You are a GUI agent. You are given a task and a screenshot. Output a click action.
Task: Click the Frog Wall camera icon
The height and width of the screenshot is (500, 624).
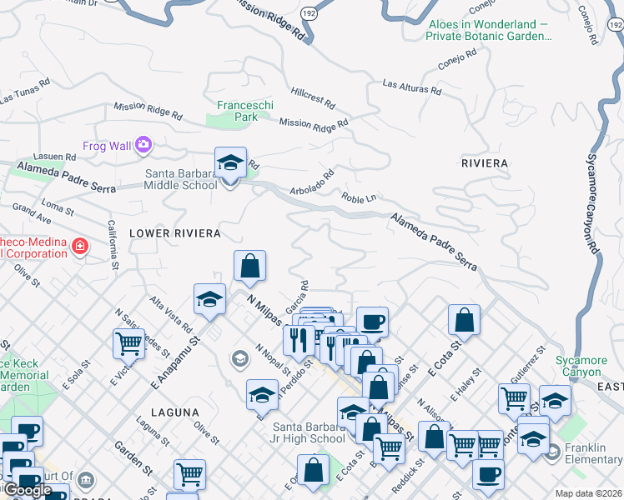pos(143,146)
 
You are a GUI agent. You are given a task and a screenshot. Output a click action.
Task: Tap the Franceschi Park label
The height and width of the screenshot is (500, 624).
pos(237,111)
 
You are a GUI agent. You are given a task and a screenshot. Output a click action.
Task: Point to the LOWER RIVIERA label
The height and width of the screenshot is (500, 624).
pos(174,232)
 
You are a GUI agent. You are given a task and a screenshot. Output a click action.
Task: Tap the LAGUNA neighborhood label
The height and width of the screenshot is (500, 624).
pos(175,412)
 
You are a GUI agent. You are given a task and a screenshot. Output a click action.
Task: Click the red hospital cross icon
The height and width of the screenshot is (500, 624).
pos(79,247)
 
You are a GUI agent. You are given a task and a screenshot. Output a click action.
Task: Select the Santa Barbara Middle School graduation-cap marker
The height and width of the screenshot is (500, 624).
pos(230,163)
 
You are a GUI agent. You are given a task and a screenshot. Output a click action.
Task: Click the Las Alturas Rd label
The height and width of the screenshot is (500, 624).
pos(412,86)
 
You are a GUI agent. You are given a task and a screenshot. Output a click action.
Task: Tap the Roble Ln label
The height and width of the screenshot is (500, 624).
pos(360,198)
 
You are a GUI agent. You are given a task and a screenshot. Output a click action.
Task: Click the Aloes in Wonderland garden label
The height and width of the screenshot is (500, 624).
pos(489,31)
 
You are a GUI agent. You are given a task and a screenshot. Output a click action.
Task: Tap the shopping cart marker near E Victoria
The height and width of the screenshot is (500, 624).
pos(128,342)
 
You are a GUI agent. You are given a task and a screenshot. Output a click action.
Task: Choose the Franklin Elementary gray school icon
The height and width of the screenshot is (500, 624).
pos(551,452)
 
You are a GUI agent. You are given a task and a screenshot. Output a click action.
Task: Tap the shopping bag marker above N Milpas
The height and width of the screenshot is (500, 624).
pos(249,267)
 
